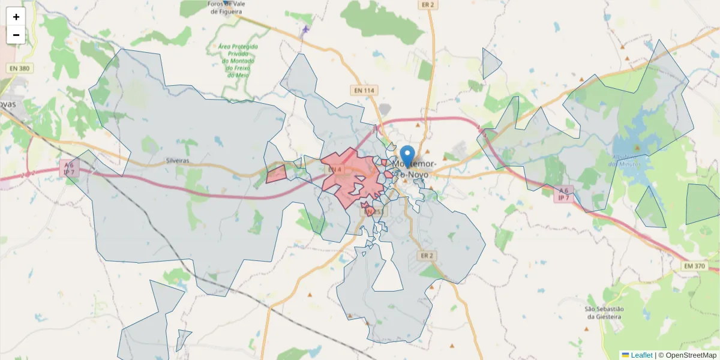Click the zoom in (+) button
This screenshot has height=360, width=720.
[x=16, y=17]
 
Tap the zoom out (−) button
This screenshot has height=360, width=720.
[x=16, y=35]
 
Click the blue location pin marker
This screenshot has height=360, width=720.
[x=407, y=155]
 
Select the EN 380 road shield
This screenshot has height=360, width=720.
[x=19, y=68]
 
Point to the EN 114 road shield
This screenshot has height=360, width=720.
[x=364, y=90]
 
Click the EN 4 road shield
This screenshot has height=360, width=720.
[x=334, y=170]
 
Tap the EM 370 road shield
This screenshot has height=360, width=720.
[x=694, y=265]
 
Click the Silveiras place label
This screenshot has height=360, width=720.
[x=178, y=161]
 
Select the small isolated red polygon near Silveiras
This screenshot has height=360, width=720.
[x=277, y=175]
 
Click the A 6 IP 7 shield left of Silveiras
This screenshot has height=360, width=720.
[x=70, y=168]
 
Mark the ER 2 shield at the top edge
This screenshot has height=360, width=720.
[x=428, y=4]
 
